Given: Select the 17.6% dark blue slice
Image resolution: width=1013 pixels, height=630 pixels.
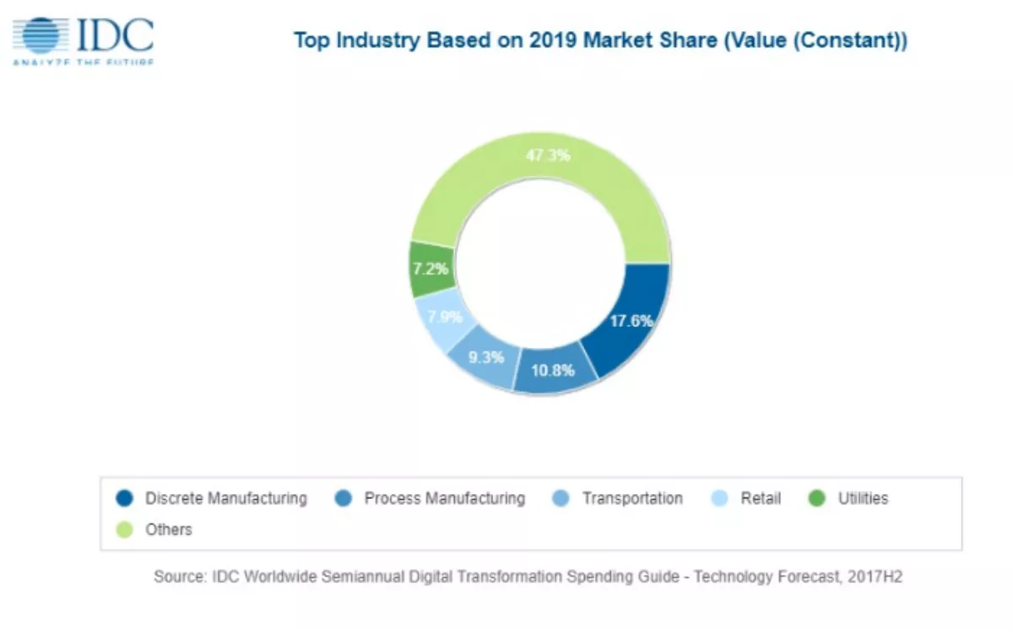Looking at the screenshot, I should pos(631,321).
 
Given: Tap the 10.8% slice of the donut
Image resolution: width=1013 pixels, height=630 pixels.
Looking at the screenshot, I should pos(552,370).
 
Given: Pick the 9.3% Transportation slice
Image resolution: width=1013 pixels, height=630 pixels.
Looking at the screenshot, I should pos(485,357).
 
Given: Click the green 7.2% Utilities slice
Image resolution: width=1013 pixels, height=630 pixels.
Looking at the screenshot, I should pos(431,269).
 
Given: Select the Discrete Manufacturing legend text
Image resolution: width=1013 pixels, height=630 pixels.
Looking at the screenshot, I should pos(225,498).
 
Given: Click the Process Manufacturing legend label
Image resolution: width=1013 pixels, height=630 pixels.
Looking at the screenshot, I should pos(444,498).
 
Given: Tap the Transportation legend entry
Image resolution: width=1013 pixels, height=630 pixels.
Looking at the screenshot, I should pos(632,498).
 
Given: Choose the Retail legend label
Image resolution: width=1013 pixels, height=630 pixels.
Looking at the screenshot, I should pos(761,498).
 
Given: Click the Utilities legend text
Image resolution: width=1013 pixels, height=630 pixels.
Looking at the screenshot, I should pos(863,498).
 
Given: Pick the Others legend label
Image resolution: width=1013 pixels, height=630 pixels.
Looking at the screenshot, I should pos(168,530).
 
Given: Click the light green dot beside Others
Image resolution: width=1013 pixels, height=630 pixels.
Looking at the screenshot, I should pos(124,530).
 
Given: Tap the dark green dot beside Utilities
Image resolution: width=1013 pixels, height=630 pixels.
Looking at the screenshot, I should pos(816,498).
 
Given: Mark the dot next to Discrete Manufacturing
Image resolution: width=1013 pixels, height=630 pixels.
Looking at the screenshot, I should pos(124,498).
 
